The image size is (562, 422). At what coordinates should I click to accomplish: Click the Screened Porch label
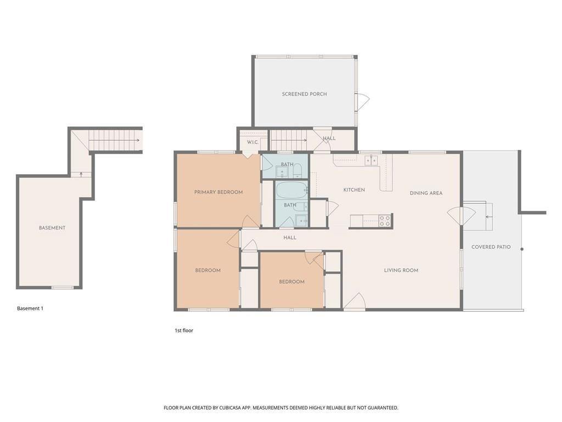pyautogui.click(x=304, y=94)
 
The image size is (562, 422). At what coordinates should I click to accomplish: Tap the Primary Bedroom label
pyautogui.click(x=218, y=192)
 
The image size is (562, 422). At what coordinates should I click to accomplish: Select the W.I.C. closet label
pyautogui.click(x=252, y=142)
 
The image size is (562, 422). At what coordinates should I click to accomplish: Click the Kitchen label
pyautogui.click(x=354, y=190)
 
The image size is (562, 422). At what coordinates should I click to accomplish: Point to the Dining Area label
pyautogui.click(x=426, y=193)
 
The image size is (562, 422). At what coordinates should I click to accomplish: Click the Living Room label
pyautogui.click(x=401, y=270)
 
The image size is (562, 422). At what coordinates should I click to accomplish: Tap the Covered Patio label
pyautogui.click(x=491, y=247)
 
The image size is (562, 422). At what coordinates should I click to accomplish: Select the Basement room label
pyautogui.click(x=52, y=228)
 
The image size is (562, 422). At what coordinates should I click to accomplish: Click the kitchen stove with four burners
pyautogui.click(x=385, y=221)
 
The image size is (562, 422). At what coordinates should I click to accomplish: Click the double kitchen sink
pyautogui.click(x=372, y=160)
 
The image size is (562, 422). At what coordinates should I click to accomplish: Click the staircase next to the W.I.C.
pyautogui.click(x=289, y=140)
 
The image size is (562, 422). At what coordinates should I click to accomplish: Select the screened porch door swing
pyautogui.click(x=362, y=101)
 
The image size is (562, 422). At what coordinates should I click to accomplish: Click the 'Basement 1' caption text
pyautogui.click(x=30, y=309)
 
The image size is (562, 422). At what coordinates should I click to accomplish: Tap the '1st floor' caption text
pyautogui.click(x=184, y=331)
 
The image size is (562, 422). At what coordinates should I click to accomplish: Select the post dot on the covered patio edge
pyautogui.click(x=522, y=249)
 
